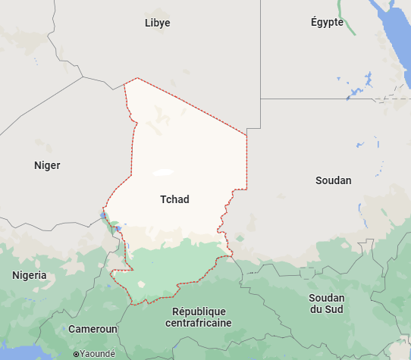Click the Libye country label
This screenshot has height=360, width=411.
tap(157, 23)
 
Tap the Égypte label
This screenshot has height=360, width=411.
tap(327, 22)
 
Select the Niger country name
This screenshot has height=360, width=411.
tap(47, 165)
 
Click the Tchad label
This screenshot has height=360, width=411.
tap(174, 199)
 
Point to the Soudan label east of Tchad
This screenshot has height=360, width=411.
tap(333, 180)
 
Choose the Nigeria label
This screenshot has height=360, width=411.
tap(29, 276)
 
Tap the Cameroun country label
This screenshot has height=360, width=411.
tap(93, 329)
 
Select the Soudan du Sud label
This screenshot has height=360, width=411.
tap(326, 303)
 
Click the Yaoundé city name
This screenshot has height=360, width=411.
tap(99, 353)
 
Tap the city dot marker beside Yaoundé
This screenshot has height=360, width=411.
tap(76, 354)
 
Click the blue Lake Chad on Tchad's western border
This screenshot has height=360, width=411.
tap(104, 216)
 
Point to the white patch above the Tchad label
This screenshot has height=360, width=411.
tap(162, 173)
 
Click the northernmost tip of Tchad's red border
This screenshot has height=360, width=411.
tap(136, 78)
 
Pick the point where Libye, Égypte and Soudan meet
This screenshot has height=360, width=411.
tap(260, 99)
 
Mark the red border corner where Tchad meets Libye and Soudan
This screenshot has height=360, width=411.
tap(247, 135)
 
